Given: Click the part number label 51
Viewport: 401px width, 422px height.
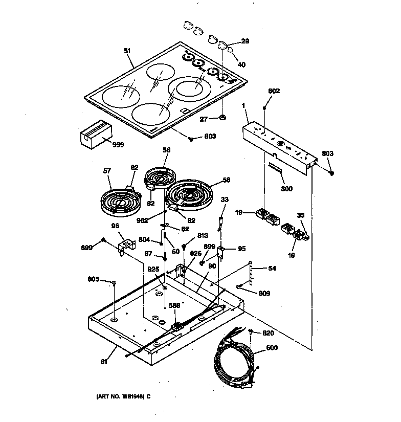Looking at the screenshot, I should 127,51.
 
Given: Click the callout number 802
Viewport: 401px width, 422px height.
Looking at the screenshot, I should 274,91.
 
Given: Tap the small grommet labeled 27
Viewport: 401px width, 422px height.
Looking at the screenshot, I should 223,119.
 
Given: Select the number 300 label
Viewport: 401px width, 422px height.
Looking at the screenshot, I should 286,189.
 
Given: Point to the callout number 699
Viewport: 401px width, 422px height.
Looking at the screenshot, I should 87,248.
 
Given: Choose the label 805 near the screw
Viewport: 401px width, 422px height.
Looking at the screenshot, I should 93,279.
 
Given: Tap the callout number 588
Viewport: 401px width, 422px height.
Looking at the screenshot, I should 175,306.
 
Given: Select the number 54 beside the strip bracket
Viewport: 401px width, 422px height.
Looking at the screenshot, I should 272,268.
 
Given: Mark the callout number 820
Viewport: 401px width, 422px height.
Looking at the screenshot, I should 269,332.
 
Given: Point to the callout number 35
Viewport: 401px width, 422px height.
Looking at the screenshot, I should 301,216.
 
